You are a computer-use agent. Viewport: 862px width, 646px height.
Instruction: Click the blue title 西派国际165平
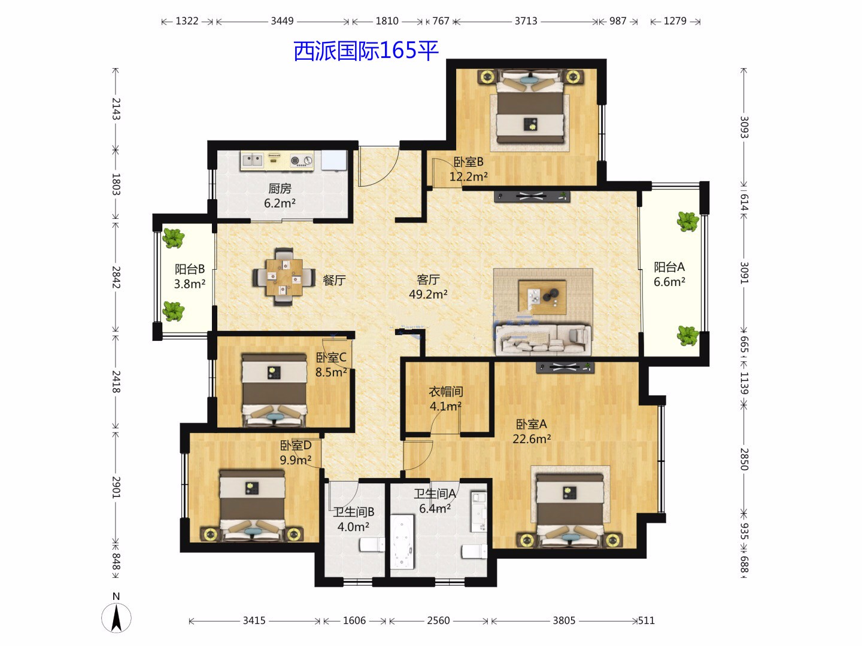pyautogui.click(x=366, y=51)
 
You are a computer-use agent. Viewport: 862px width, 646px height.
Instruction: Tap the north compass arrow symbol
pyautogui.click(x=116, y=618)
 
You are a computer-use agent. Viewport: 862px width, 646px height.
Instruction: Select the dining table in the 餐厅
pyautogui.click(x=284, y=278)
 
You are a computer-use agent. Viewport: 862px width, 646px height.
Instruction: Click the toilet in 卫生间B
pyautogui.click(x=372, y=545)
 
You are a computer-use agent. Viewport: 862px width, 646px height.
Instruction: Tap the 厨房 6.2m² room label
pyautogui.click(x=280, y=196)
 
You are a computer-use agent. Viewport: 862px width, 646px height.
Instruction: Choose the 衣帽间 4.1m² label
pyautogui.click(x=446, y=398)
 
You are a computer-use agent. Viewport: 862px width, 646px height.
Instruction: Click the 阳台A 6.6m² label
pyautogui.click(x=669, y=274)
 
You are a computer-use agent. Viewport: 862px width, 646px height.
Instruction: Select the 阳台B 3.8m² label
pyautogui.click(x=190, y=276)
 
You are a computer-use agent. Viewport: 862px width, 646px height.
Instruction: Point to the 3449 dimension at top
pyautogui.click(x=282, y=21)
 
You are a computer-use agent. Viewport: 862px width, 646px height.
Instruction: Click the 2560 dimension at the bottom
pyautogui.click(x=438, y=620)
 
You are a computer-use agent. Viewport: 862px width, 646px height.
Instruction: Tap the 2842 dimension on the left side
pyautogui.click(x=116, y=278)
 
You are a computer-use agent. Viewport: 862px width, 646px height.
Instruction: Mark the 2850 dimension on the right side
pyautogui.click(x=744, y=459)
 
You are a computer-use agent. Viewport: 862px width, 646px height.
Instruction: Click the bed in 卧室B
pyautogui.click(x=530, y=108)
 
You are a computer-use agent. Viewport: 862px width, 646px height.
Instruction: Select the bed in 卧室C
pyautogui.click(x=274, y=390)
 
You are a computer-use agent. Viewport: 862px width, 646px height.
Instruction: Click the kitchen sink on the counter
pyautogui.click(x=252, y=160)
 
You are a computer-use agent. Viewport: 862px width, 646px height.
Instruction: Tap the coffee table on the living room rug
pyautogui.click(x=542, y=297)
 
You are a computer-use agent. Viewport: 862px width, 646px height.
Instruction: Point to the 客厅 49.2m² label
pyautogui.click(x=428, y=287)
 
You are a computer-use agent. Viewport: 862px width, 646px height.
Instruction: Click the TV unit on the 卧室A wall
pyautogui.click(x=565, y=367)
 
